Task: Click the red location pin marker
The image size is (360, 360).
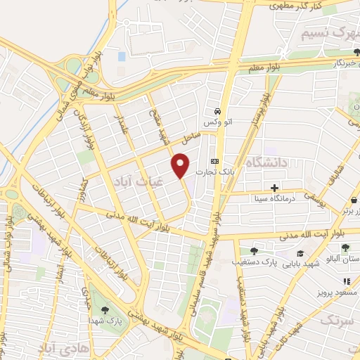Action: coord(181,165)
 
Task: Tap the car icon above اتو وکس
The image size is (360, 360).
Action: coord(218,111)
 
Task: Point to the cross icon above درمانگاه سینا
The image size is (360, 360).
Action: coord(274,188)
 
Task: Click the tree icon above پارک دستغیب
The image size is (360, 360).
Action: coord(254,250)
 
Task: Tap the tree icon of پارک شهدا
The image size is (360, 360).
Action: coord(105,309)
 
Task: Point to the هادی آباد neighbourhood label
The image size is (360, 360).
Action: coord(63,349)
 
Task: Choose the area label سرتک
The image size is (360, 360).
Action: coord(334,321)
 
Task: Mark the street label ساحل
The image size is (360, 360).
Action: coord(191,131)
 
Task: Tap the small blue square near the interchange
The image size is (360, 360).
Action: coord(122,56)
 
